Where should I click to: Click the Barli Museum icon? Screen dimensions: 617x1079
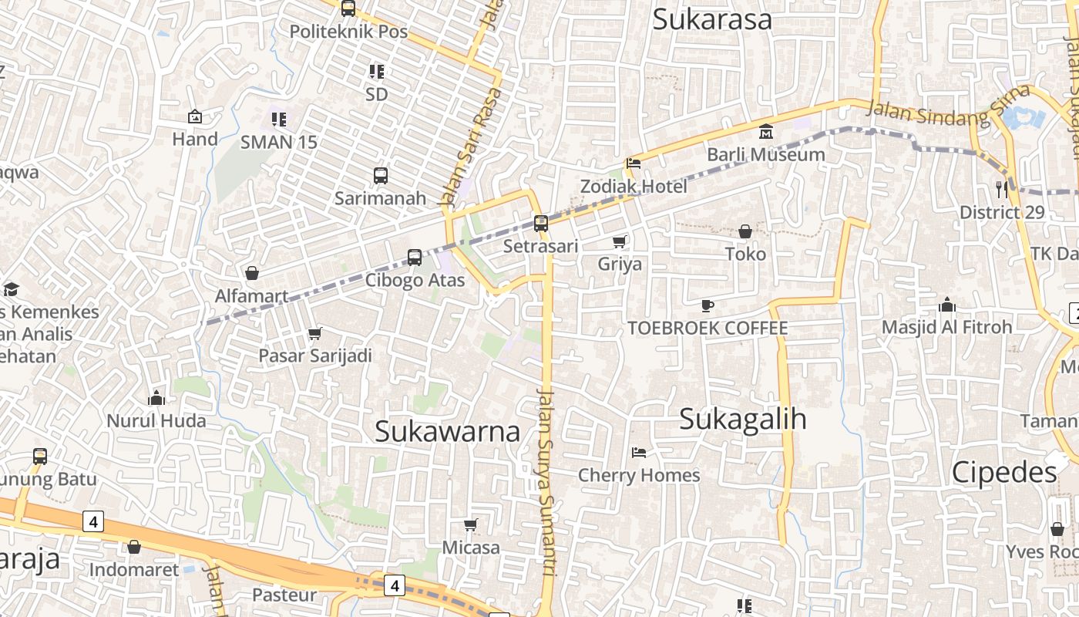tap(766, 132)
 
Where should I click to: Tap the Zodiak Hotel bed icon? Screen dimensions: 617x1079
tap(634, 164)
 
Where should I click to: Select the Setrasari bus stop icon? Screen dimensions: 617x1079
tap(541, 224)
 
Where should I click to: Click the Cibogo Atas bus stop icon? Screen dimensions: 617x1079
tap(415, 258)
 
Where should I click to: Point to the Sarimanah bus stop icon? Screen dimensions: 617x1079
tap(381, 175)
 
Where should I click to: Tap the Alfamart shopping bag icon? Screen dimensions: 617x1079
tap(252, 273)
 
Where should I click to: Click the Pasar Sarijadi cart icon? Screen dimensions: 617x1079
tap(314, 334)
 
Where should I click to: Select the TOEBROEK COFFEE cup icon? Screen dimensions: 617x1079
tap(708, 306)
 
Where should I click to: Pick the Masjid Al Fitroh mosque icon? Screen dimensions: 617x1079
tap(947, 305)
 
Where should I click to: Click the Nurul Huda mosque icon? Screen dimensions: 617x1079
tap(156, 398)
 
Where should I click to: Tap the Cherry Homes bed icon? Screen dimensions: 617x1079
tap(639, 453)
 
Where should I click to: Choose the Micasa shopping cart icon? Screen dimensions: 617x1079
tap(471, 525)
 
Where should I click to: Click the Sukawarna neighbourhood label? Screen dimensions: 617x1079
tap(447, 432)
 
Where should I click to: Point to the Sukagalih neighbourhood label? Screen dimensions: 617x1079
tap(743, 420)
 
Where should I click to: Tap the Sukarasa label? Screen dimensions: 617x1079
tap(712, 20)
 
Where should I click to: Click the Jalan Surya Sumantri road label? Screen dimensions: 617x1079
tap(546, 482)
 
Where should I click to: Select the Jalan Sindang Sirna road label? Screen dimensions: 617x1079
tap(947, 107)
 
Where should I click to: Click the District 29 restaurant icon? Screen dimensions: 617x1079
tap(1001, 188)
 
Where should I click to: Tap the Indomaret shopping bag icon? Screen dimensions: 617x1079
tap(134, 547)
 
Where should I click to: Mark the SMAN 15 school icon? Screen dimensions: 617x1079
tap(279, 120)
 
